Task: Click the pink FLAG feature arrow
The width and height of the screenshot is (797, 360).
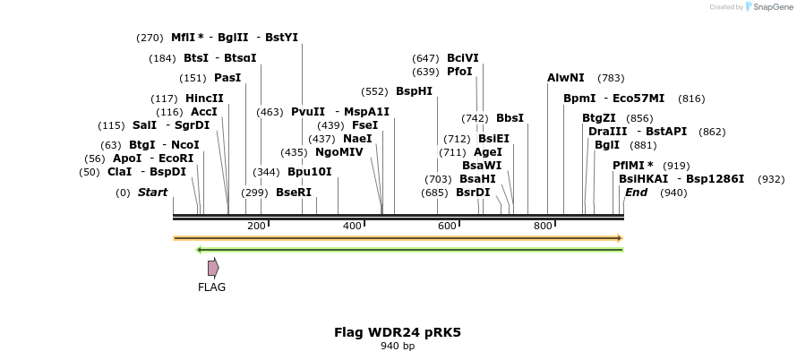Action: (x=213, y=268)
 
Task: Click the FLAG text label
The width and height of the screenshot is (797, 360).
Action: (x=212, y=287)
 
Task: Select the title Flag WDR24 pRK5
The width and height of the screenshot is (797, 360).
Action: (x=398, y=332)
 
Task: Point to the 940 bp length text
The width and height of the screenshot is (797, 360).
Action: (x=398, y=346)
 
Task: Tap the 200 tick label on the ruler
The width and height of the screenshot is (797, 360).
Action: (x=256, y=226)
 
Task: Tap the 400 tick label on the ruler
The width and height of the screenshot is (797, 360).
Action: (x=352, y=226)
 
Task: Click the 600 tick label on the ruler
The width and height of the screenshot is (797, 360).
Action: (x=448, y=226)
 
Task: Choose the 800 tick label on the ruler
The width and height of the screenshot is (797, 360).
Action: (x=543, y=226)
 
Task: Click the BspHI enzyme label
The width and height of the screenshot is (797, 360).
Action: (x=414, y=91)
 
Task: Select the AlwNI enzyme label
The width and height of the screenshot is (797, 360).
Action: (x=566, y=78)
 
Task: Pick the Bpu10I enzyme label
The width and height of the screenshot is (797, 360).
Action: (x=310, y=172)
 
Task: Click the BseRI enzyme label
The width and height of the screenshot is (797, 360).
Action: (x=294, y=193)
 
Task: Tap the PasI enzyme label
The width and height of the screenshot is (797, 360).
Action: (x=227, y=78)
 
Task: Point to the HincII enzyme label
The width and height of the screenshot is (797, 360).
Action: (x=205, y=99)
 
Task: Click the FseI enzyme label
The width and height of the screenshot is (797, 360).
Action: (x=364, y=125)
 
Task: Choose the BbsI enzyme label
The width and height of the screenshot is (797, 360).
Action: (x=510, y=118)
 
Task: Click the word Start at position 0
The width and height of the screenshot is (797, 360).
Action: (x=152, y=193)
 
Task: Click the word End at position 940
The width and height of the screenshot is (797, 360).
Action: (x=636, y=193)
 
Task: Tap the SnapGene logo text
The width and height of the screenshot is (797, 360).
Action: (x=770, y=7)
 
